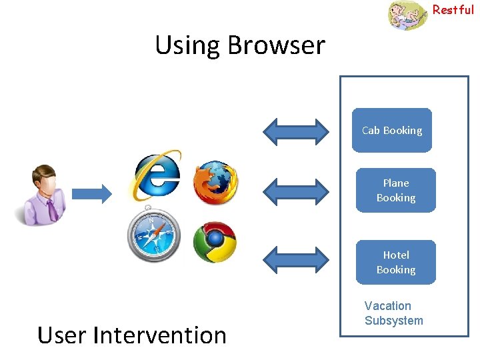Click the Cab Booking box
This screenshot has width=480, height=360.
(x=392, y=131)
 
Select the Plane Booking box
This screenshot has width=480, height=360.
(x=395, y=191)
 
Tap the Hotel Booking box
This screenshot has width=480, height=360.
(x=395, y=263)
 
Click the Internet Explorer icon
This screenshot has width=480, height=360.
(x=157, y=175)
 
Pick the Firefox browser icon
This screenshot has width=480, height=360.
(x=215, y=182)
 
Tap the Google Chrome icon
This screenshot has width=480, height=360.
(x=215, y=242)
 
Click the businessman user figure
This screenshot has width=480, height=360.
(x=41, y=195)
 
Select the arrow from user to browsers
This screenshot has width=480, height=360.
(x=92, y=194)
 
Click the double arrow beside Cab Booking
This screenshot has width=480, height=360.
(x=296, y=131)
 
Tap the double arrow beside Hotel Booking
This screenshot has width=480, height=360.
(x=296, y=258)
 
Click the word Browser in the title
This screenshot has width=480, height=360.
(x=276, y=45)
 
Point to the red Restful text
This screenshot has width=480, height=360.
(x=453, y=10)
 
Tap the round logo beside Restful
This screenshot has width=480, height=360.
(x=407, y=15)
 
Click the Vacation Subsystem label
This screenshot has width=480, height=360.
(x=393, y=313)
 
